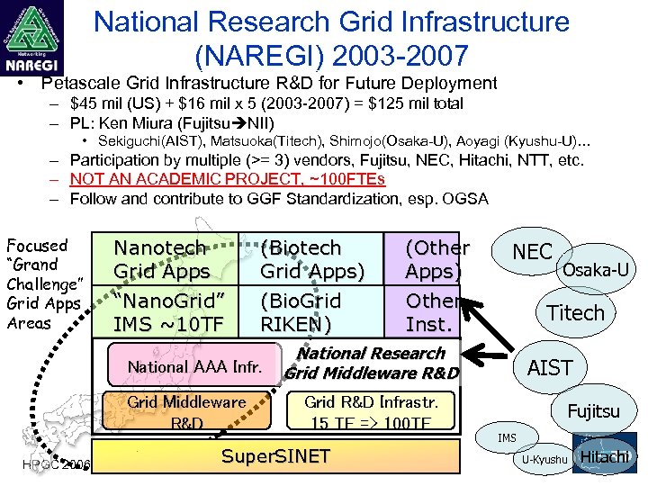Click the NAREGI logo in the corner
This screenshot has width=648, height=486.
(x=31, y=38)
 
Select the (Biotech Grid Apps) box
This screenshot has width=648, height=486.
(x=310, y=258)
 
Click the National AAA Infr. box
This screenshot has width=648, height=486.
(x=194, y=365)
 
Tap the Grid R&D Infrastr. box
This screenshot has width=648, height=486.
(x=371, y=411)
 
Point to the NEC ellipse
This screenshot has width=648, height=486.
(x=532, y=252)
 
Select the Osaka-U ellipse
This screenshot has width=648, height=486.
(x=595, y=268)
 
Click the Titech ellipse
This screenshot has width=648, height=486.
(x=576, y=312)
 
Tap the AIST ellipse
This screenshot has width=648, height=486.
(x=549, y=367)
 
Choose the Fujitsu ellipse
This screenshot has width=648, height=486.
(x=593, y=411)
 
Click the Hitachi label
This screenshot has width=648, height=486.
(x=604, y=456)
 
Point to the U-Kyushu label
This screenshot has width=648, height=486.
(x=544, y=460)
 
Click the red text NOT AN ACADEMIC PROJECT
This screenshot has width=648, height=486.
(x=227, y=179)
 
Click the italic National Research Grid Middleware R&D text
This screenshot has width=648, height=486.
(x=372, y=364)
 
